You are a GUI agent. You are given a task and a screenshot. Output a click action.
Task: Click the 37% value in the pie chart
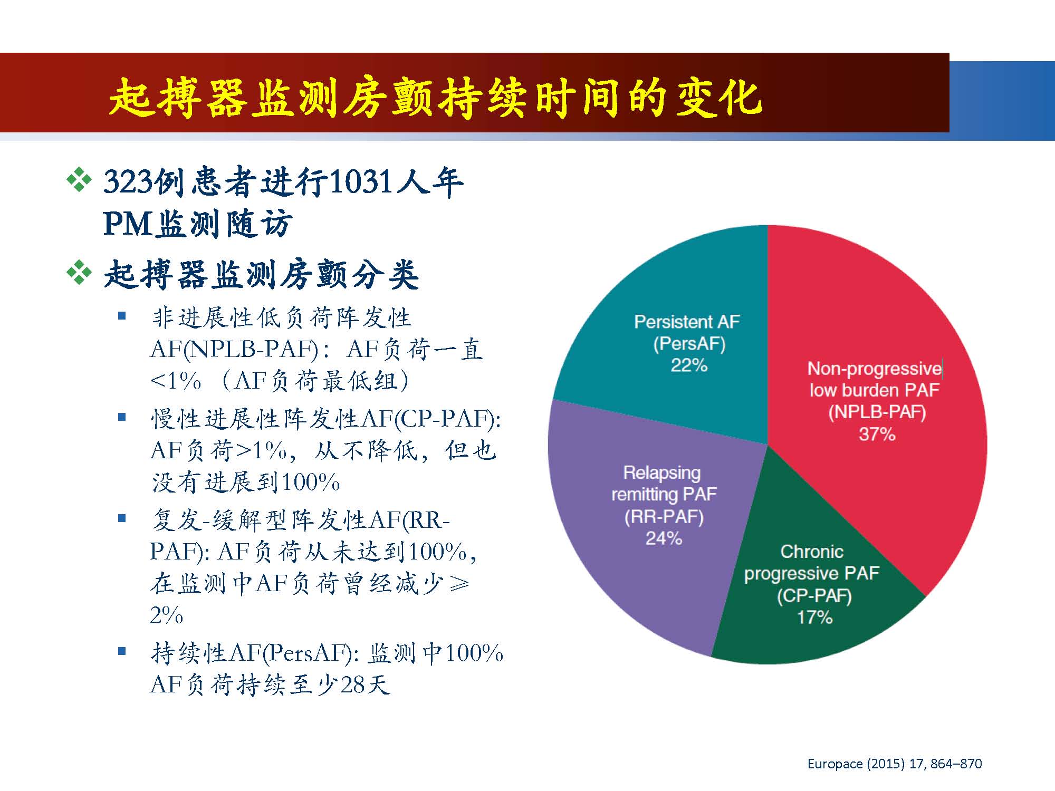tap(877, 434)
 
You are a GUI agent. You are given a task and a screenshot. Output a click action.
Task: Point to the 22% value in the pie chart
tap(688, 365)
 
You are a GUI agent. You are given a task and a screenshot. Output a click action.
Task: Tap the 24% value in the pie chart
tap(664, 538)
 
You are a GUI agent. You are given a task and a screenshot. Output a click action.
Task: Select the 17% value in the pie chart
tap(814, 617)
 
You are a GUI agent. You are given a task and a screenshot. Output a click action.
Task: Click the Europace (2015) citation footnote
tap(895, 764)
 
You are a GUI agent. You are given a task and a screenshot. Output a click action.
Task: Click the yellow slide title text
tap(435, 97)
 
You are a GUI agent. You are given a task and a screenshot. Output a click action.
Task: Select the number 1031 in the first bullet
tap(360, 182)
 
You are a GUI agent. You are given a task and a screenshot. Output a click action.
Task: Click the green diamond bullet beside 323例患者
tap(79, 180)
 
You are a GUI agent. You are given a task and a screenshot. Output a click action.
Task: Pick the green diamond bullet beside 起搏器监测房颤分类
tap(79, 273)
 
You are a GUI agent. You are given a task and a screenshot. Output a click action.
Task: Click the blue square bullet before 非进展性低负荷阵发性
tap(122, 316)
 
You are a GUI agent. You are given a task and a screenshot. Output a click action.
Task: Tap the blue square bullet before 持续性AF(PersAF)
tap(122, 652)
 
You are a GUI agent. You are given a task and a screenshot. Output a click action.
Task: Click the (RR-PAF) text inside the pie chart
tap(664, 516)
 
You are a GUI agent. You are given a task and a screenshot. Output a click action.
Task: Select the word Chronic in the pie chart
tap(812, 552)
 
